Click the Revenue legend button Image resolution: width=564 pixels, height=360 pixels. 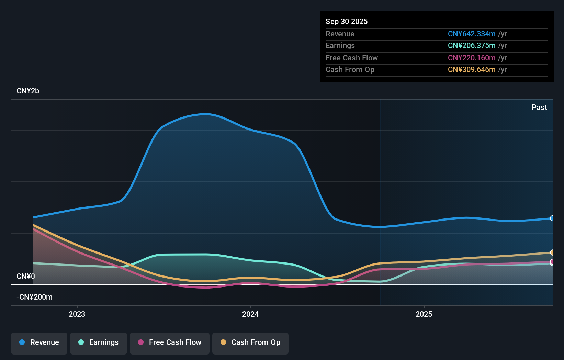(39, 343)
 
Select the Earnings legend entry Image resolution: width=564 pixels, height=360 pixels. (99, 343)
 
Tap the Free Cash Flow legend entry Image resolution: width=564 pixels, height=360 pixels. (170, 343)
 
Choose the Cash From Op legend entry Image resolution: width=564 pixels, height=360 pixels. (250, 343)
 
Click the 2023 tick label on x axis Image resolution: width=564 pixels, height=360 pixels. (77, 314)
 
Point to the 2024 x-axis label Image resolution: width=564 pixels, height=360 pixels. (250, 314)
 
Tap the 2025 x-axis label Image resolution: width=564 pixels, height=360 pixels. (424, 314)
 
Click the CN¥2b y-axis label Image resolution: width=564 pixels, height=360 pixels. (28, 91)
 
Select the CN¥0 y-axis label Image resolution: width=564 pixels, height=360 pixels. (26, 277)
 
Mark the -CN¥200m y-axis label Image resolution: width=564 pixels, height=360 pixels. (34, 297)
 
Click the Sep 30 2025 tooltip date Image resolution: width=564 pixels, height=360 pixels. (347, 22)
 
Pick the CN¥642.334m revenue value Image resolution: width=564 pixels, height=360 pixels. (471, 34)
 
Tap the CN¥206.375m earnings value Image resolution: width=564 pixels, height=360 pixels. (471, 46)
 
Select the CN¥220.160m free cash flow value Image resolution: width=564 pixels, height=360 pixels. (471, 58)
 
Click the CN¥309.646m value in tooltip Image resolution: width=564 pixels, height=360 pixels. (471, 70)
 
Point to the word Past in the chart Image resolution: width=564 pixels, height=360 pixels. (539, 108)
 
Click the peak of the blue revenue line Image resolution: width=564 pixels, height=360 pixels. (205, 114)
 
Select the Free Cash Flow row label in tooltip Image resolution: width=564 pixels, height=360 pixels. (351, 58)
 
